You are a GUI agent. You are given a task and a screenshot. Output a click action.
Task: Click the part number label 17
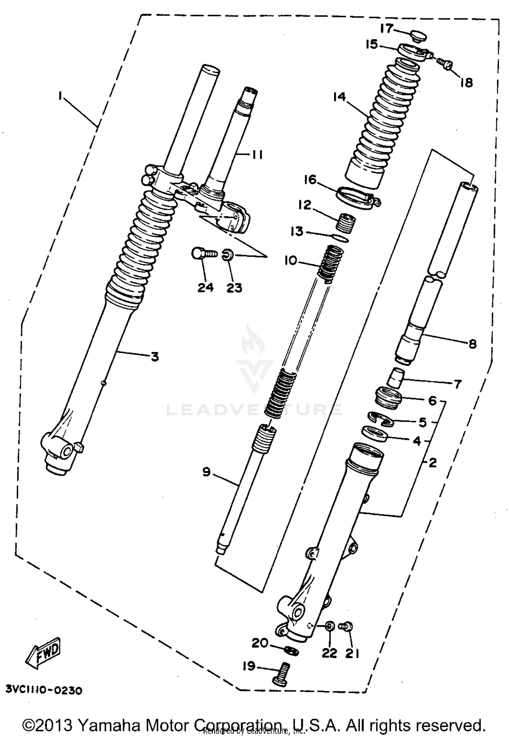click(386, 29)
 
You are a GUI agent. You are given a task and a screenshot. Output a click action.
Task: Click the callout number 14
click(340, 97)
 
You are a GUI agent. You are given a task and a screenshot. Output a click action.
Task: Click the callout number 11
click(257, 155)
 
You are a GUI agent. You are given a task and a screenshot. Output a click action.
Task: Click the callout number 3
click(155, 357)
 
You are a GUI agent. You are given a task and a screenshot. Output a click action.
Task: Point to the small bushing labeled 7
click(396, 378)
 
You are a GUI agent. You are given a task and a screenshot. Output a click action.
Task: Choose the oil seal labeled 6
click(389, 398)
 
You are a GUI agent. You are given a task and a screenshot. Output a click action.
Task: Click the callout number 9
click(207, 472)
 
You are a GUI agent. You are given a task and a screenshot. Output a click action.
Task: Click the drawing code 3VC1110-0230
click(44, 691)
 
